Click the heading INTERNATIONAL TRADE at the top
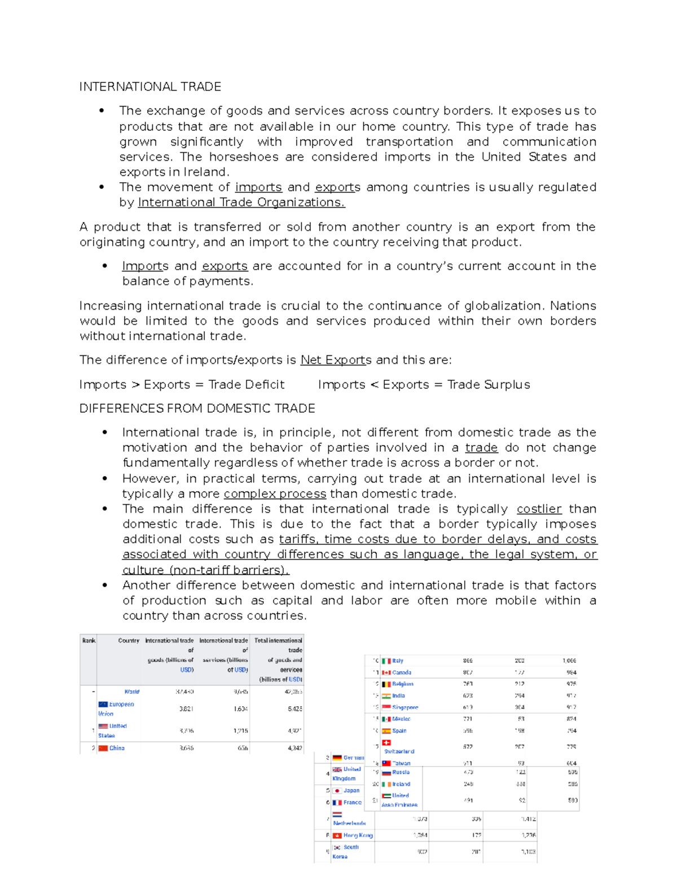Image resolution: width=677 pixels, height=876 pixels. pyautogui.click(x=150, y=87)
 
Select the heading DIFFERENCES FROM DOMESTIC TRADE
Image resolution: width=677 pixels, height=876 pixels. pyautogui.click(x=197, y=408)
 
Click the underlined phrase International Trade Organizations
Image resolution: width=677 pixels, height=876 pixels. pyautogui.click(x=241, y=203)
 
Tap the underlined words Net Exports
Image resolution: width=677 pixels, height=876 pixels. pyautogui.click(x=336, y=360)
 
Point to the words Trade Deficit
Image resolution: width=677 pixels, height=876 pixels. pyautogui.click(x=247, y=385)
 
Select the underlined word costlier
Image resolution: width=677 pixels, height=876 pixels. pyautogui.click(x=539, y=509)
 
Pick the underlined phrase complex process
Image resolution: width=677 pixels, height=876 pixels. pyautogui.click(x=275, y=494)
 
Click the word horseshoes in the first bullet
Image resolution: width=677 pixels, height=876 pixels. pyautogui.click(x=240, y=157)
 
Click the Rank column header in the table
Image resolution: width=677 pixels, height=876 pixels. pyautogui.click(x=89, y=641)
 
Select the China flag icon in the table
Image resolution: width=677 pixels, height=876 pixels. pyautogui.click(x=103, y=749)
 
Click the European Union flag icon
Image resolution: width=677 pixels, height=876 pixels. pyautogui.click(x=103, y=705)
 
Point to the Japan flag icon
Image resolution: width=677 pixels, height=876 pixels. pyautogui.click(x=337, y=791)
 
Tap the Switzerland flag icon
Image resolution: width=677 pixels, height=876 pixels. pyautogui.click(x=386, y=742)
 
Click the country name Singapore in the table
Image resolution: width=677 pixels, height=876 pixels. pyautogui.click(x=405, y=707)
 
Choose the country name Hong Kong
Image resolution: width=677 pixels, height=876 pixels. pyautogui.click(x=358, y=835)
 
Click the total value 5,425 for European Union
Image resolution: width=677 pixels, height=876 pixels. pyautogui.click(x=294, y=709)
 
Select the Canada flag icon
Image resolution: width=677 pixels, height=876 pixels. pyautogui.click(x=386, y=672)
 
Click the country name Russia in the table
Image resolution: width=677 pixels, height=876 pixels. pyautogui.click(x=401, y=773)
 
